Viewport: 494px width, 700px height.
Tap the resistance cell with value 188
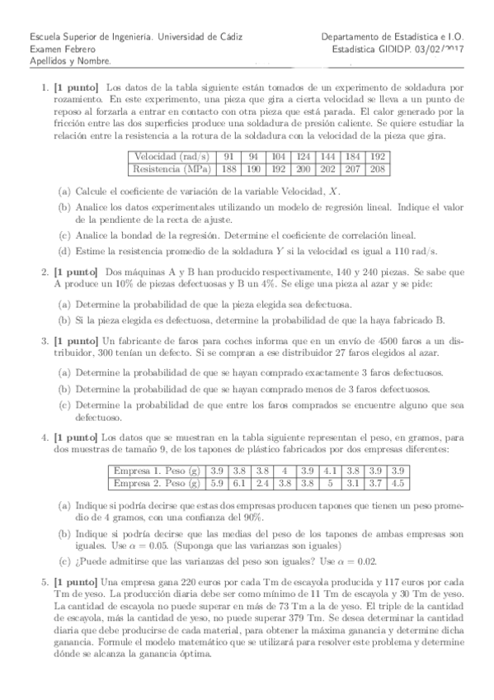[x=230, y=169]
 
